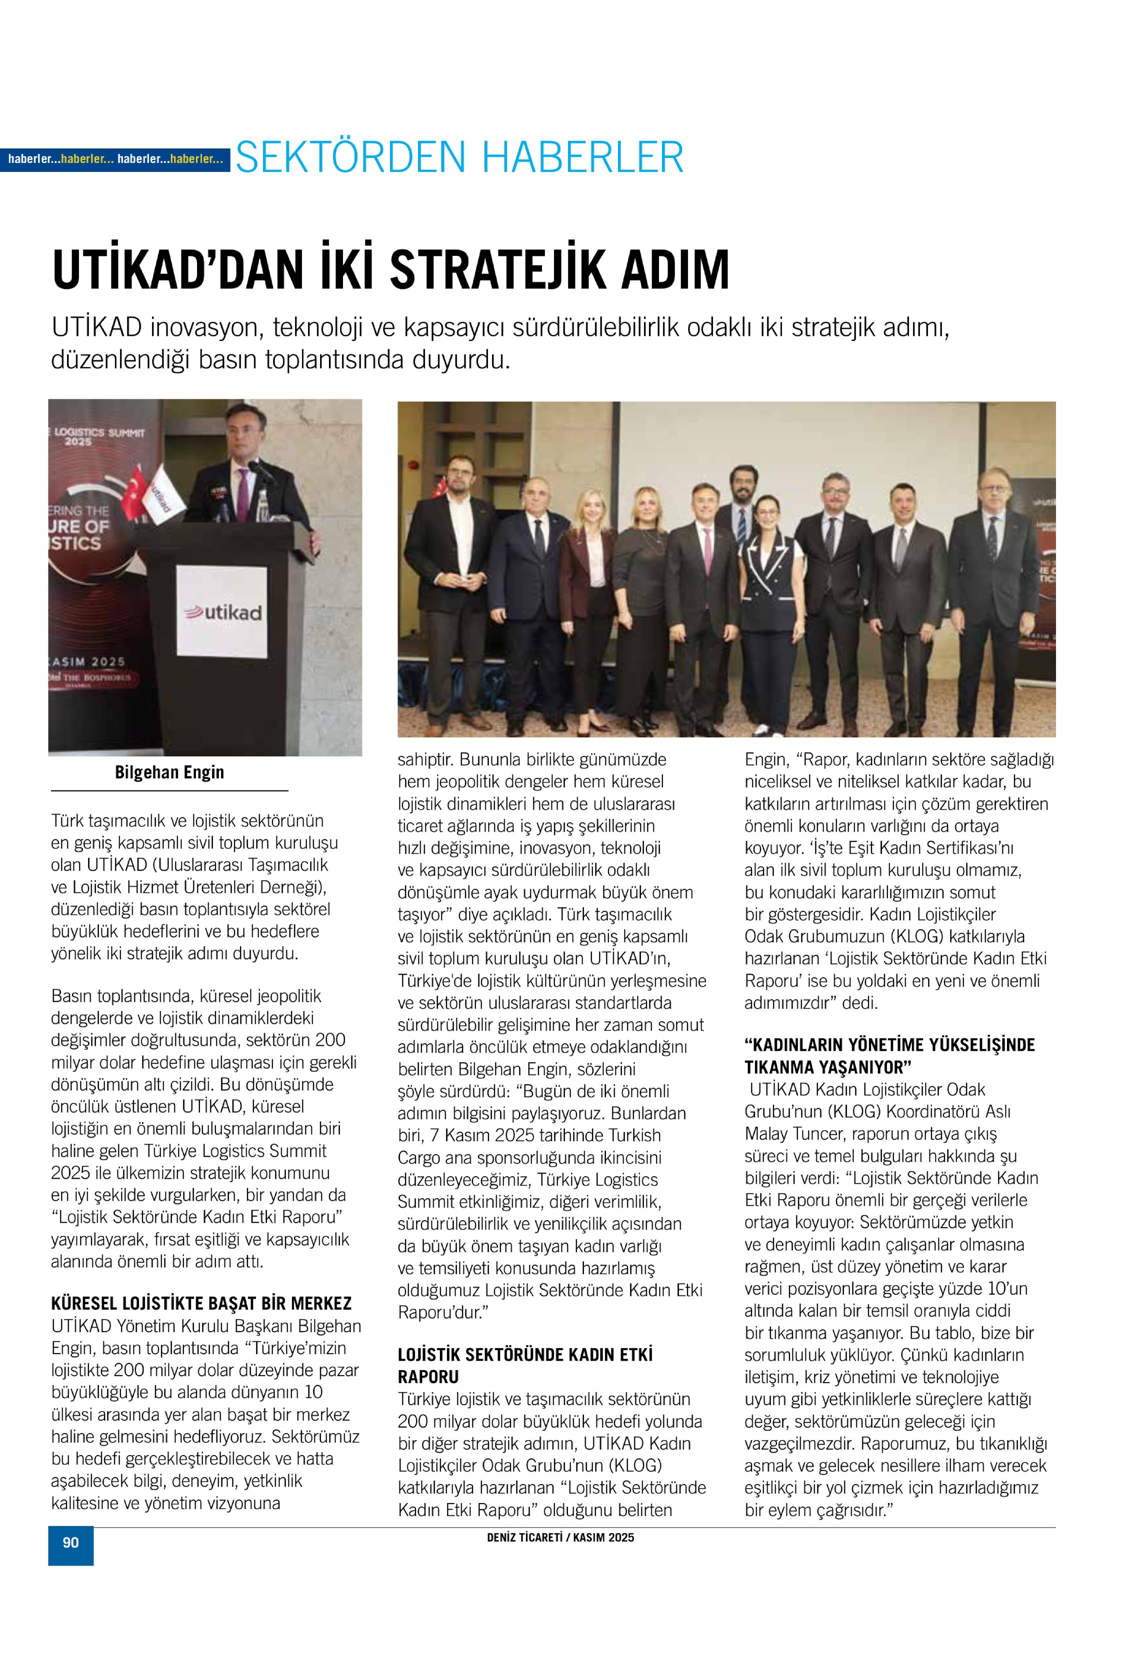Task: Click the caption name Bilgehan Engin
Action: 169,772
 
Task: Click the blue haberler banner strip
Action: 115,159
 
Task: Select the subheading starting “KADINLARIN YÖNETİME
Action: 889,1056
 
